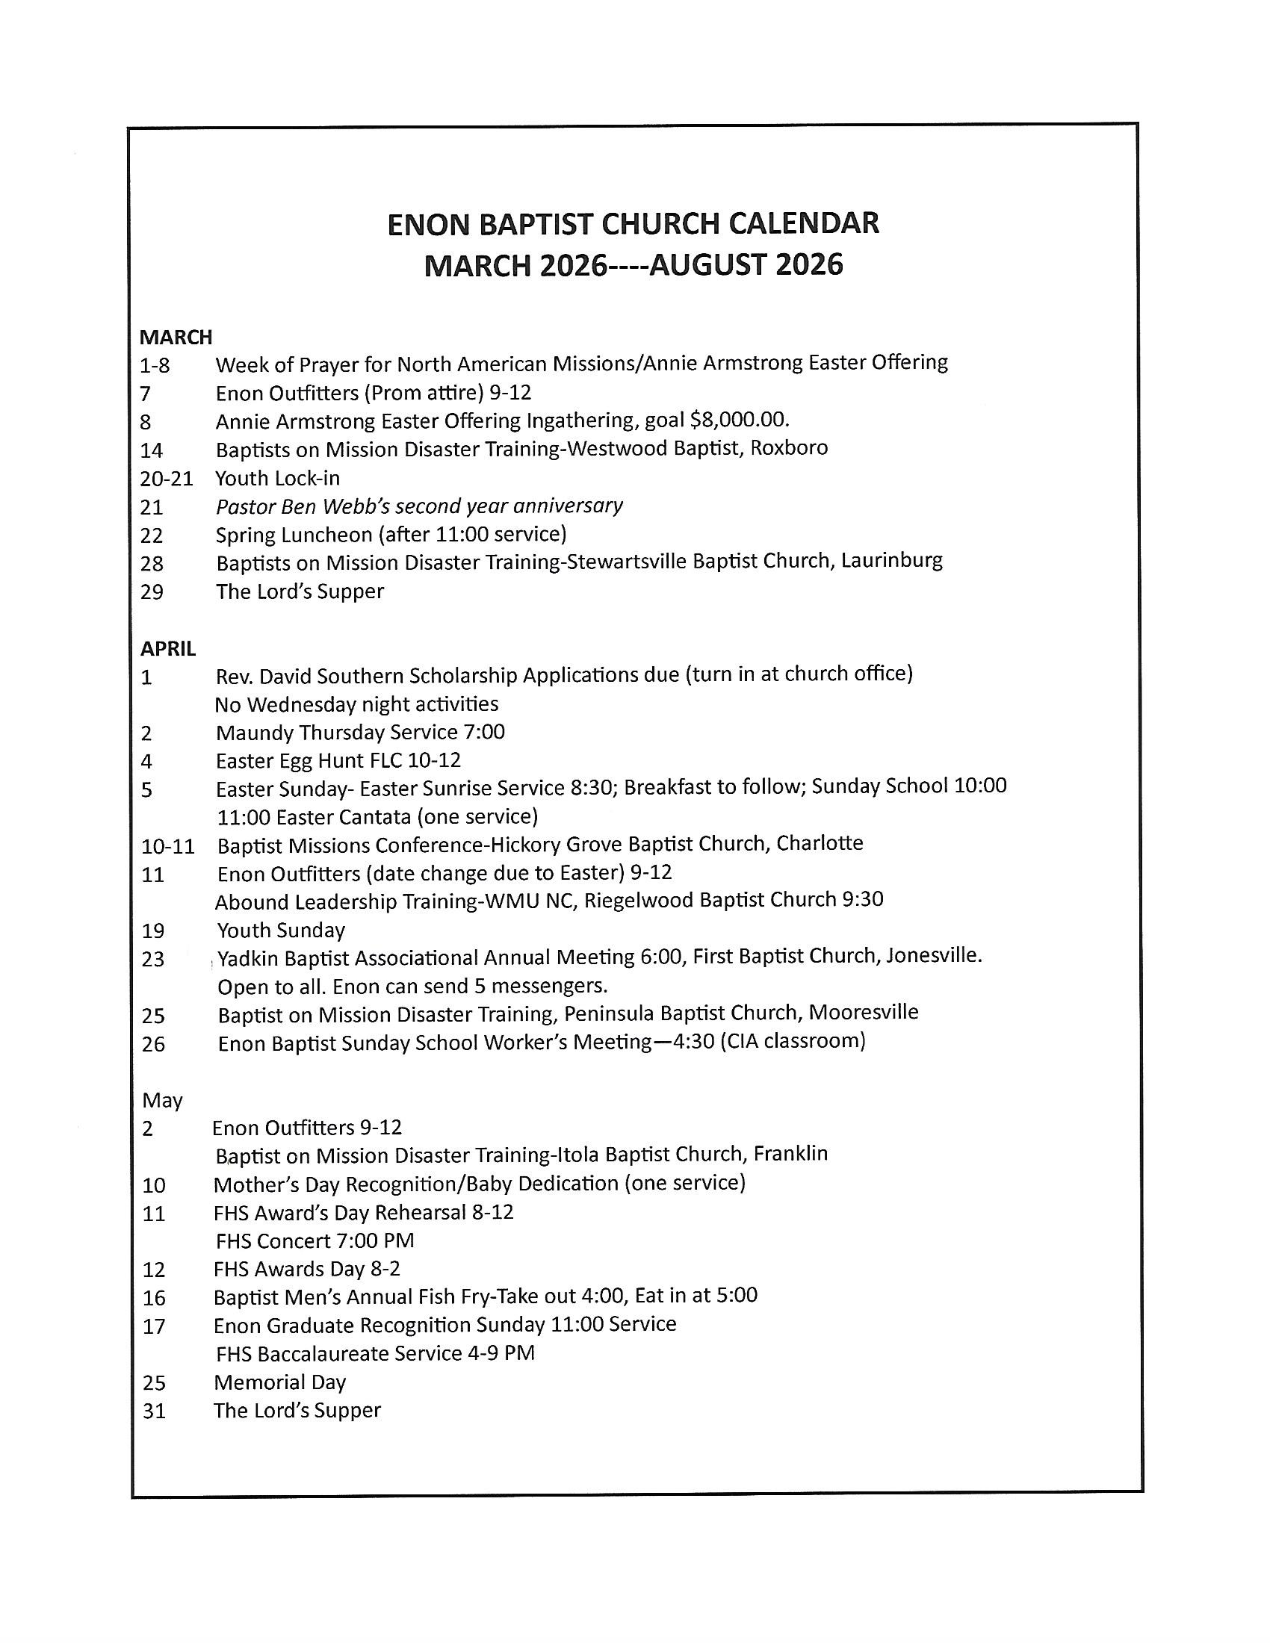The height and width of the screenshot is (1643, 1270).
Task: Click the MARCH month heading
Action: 176,336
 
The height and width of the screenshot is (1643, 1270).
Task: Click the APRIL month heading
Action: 168,647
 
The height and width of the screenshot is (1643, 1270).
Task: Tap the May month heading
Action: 163,1101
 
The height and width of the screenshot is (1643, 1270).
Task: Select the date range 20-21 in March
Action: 167,479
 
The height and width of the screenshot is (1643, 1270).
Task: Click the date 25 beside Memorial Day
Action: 154,1382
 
